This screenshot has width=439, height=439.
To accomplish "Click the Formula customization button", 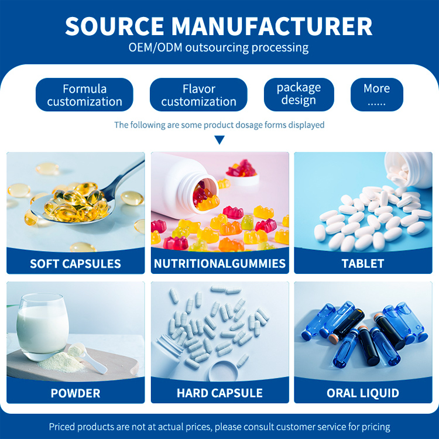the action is click(84, 95).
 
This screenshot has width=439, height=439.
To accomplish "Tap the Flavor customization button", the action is click(198, 95).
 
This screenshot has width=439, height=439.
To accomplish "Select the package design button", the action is click(299, 95).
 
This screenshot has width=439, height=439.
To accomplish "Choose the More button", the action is click(376, 95).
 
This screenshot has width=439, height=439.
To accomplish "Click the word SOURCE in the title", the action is click(115, 26).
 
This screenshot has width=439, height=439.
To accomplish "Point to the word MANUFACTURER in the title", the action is click(272, 26).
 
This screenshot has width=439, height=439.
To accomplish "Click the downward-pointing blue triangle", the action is click(220, 139).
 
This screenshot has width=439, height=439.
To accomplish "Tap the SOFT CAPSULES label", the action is click(76, 263).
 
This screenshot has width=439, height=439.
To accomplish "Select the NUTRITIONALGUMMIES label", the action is click(220, 263).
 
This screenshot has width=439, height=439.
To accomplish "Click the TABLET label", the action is click(363, 263).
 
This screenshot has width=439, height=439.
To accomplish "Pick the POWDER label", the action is click(76, 393).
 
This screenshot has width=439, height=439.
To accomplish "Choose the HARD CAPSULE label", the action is click(220, 393).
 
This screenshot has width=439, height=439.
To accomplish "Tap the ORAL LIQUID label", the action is click(363, 393).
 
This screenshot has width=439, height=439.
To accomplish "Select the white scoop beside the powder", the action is click(86, 358).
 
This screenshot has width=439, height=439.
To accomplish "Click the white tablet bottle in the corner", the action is click(409, 169).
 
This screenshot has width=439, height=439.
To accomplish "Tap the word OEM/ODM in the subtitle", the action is click(155, 47).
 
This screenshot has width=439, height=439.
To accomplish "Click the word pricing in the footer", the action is click(376, 427).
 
